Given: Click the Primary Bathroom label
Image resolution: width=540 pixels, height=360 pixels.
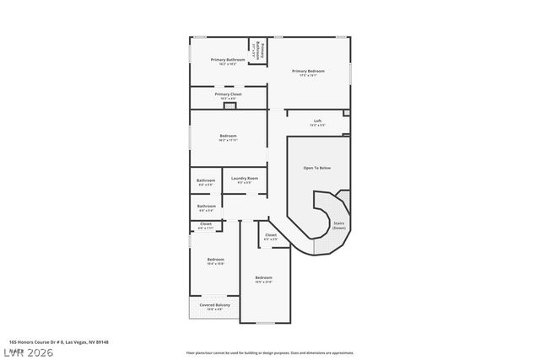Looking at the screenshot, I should pos(228,61).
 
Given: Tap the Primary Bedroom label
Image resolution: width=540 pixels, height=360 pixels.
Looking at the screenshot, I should pos(309,73).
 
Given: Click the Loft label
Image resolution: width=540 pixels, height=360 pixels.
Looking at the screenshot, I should pos(318,121).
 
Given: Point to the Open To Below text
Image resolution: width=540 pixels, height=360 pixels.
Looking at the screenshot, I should pos(317,168).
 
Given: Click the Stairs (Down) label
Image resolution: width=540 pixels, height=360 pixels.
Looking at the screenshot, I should pos(339,225).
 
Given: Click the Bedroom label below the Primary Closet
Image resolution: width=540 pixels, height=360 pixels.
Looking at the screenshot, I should pos(228,137).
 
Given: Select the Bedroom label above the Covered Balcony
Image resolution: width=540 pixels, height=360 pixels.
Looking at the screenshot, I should pos(215,260).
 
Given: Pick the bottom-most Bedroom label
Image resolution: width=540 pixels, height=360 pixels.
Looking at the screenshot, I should pos(264,278).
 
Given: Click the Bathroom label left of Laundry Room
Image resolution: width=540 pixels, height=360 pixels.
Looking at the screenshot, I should pos(206,180).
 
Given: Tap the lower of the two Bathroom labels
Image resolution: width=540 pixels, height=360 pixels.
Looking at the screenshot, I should pos(206,207).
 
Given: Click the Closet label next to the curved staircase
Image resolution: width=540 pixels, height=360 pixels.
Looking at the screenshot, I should pos(270,235).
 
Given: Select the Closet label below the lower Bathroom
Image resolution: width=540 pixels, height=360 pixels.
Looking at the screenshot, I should pos(205,224).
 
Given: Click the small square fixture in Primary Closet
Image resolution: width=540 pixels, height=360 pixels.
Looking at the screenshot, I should pos(228,106).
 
